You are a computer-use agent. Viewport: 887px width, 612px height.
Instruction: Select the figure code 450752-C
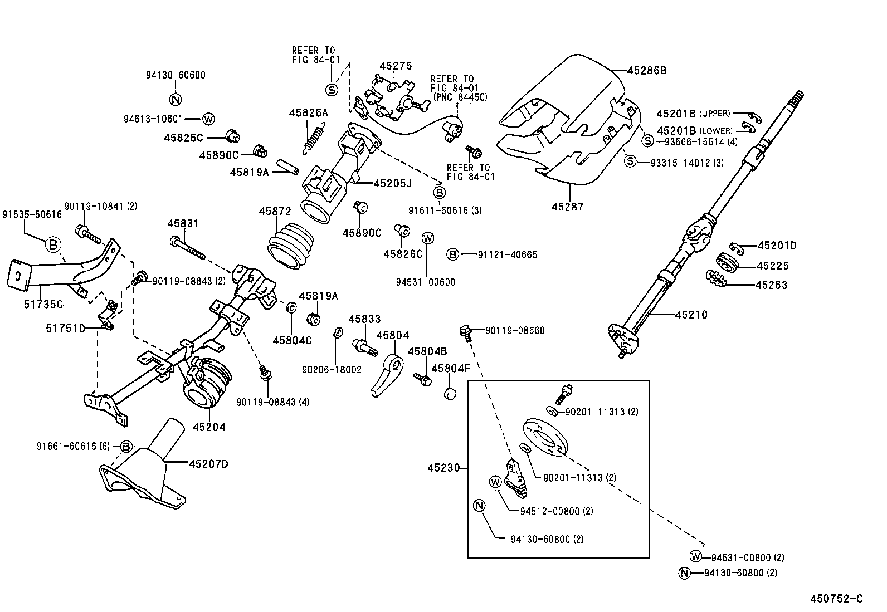(836, 599)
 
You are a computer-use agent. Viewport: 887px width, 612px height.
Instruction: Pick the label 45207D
(208, 463)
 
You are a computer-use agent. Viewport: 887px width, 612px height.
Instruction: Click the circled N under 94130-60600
(176, 100)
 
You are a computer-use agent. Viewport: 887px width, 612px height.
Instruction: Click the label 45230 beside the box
(443, 468)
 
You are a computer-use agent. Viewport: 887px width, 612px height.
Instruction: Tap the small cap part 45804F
(450, 394)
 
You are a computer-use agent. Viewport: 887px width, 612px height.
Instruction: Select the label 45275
(396, 66)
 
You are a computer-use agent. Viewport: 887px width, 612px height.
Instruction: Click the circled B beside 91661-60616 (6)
(126, 446)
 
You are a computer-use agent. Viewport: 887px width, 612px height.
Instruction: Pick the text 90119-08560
(514, 330)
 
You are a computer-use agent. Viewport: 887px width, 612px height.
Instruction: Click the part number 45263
(771, 285)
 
